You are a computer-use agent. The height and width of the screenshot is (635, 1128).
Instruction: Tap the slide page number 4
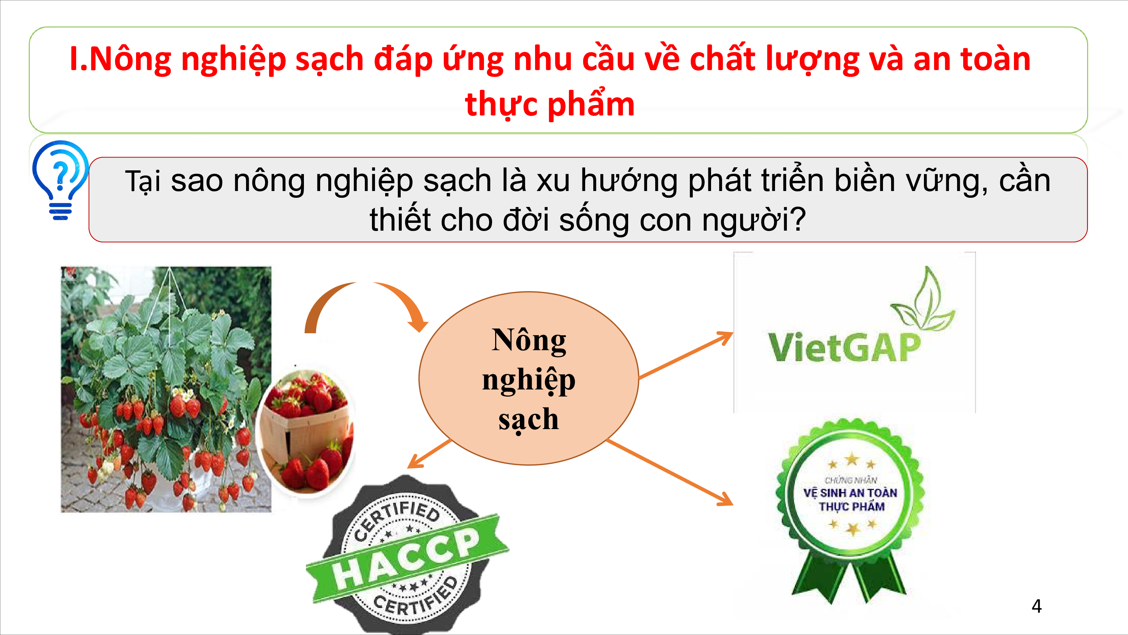pos(1037,606)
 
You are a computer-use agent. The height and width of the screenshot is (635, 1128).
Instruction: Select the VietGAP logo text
pos(844,347)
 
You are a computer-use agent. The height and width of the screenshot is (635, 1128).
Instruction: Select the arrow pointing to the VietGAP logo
pos(686,355)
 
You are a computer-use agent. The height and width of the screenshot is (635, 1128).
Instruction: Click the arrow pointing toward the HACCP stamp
pos(429,453)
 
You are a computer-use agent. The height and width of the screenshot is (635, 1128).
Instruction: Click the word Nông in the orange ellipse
pos(529,340)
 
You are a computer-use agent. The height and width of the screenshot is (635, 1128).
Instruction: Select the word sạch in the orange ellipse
pos(529,420)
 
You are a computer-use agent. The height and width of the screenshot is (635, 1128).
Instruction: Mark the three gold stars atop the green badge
pos(852,461)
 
